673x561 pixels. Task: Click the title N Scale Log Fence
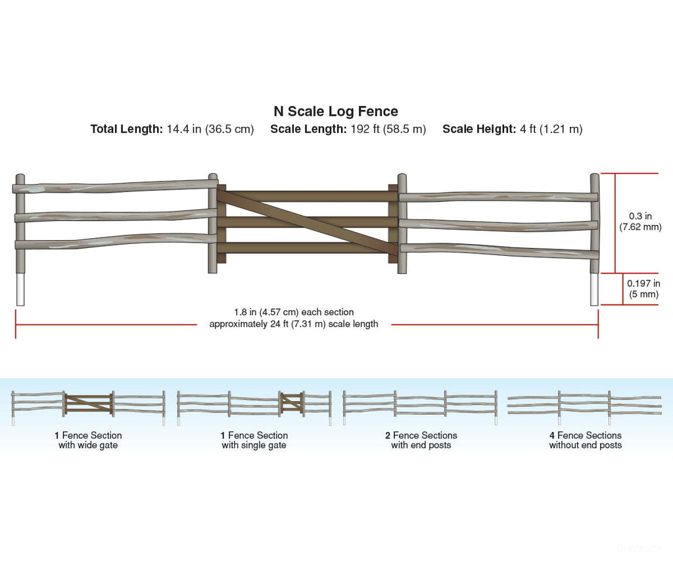pyautogui.click(x=336, y=111)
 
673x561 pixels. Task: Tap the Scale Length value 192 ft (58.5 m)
pyautogui.click(x=388, y=129)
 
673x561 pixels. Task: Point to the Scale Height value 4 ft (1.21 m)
pyautogui.click(x=551, y=129)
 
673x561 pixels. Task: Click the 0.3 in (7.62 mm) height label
pyautogui.click(x=640, y=222)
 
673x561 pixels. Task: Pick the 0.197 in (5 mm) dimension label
pyautogui.click(x=644, y=289)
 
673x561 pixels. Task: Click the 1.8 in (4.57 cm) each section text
pyautogui.click(x=294, y=312)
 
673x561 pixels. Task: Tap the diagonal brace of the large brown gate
pyautogui.click(x=308, y=222)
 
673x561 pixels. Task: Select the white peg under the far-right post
pyautogui.click(x=594, y=289)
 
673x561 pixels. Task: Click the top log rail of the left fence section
pyautogui.click(x=115, y=186)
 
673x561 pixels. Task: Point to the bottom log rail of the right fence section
pyautogui.click(x=499, y=251)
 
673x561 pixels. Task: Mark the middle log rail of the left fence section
pyautogui.click(x=116, y=216)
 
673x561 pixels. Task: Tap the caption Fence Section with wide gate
pyautogui.click(x=88, y=440)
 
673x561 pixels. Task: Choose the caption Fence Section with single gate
pyautogui.click(x=254, y=440)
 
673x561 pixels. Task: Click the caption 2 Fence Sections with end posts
pyautogui.click(x=421, y=440)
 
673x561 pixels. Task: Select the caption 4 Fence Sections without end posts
pyautogui.click(x=586, y=440)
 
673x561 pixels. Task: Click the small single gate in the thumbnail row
pyautogui.click(x=292, y=403)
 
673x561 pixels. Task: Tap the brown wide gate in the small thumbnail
pyautogui.click(x=89, y=404)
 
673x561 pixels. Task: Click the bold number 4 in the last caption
pyautogui.click(x=552, y=435)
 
